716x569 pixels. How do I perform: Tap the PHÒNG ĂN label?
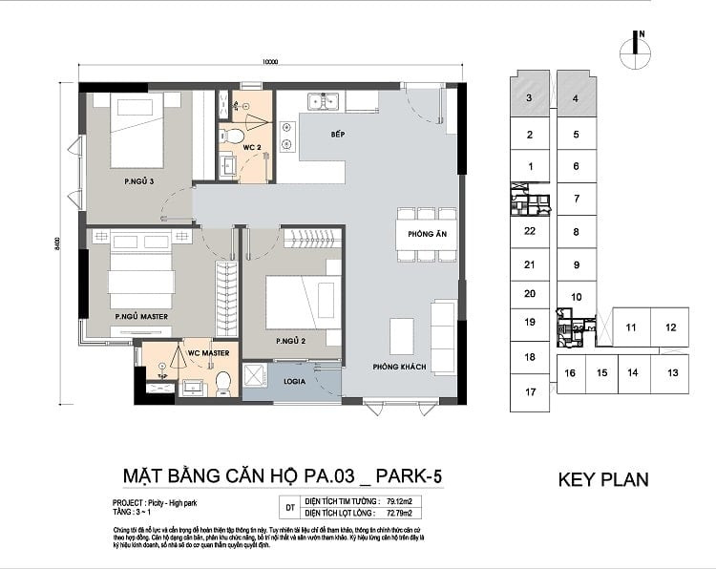(422, 234)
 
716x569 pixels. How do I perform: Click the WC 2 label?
(251, 148)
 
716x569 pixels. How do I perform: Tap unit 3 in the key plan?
(529, 98)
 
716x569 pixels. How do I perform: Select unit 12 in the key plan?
(671, 327)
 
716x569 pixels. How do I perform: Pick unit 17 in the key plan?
(530, 392)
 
